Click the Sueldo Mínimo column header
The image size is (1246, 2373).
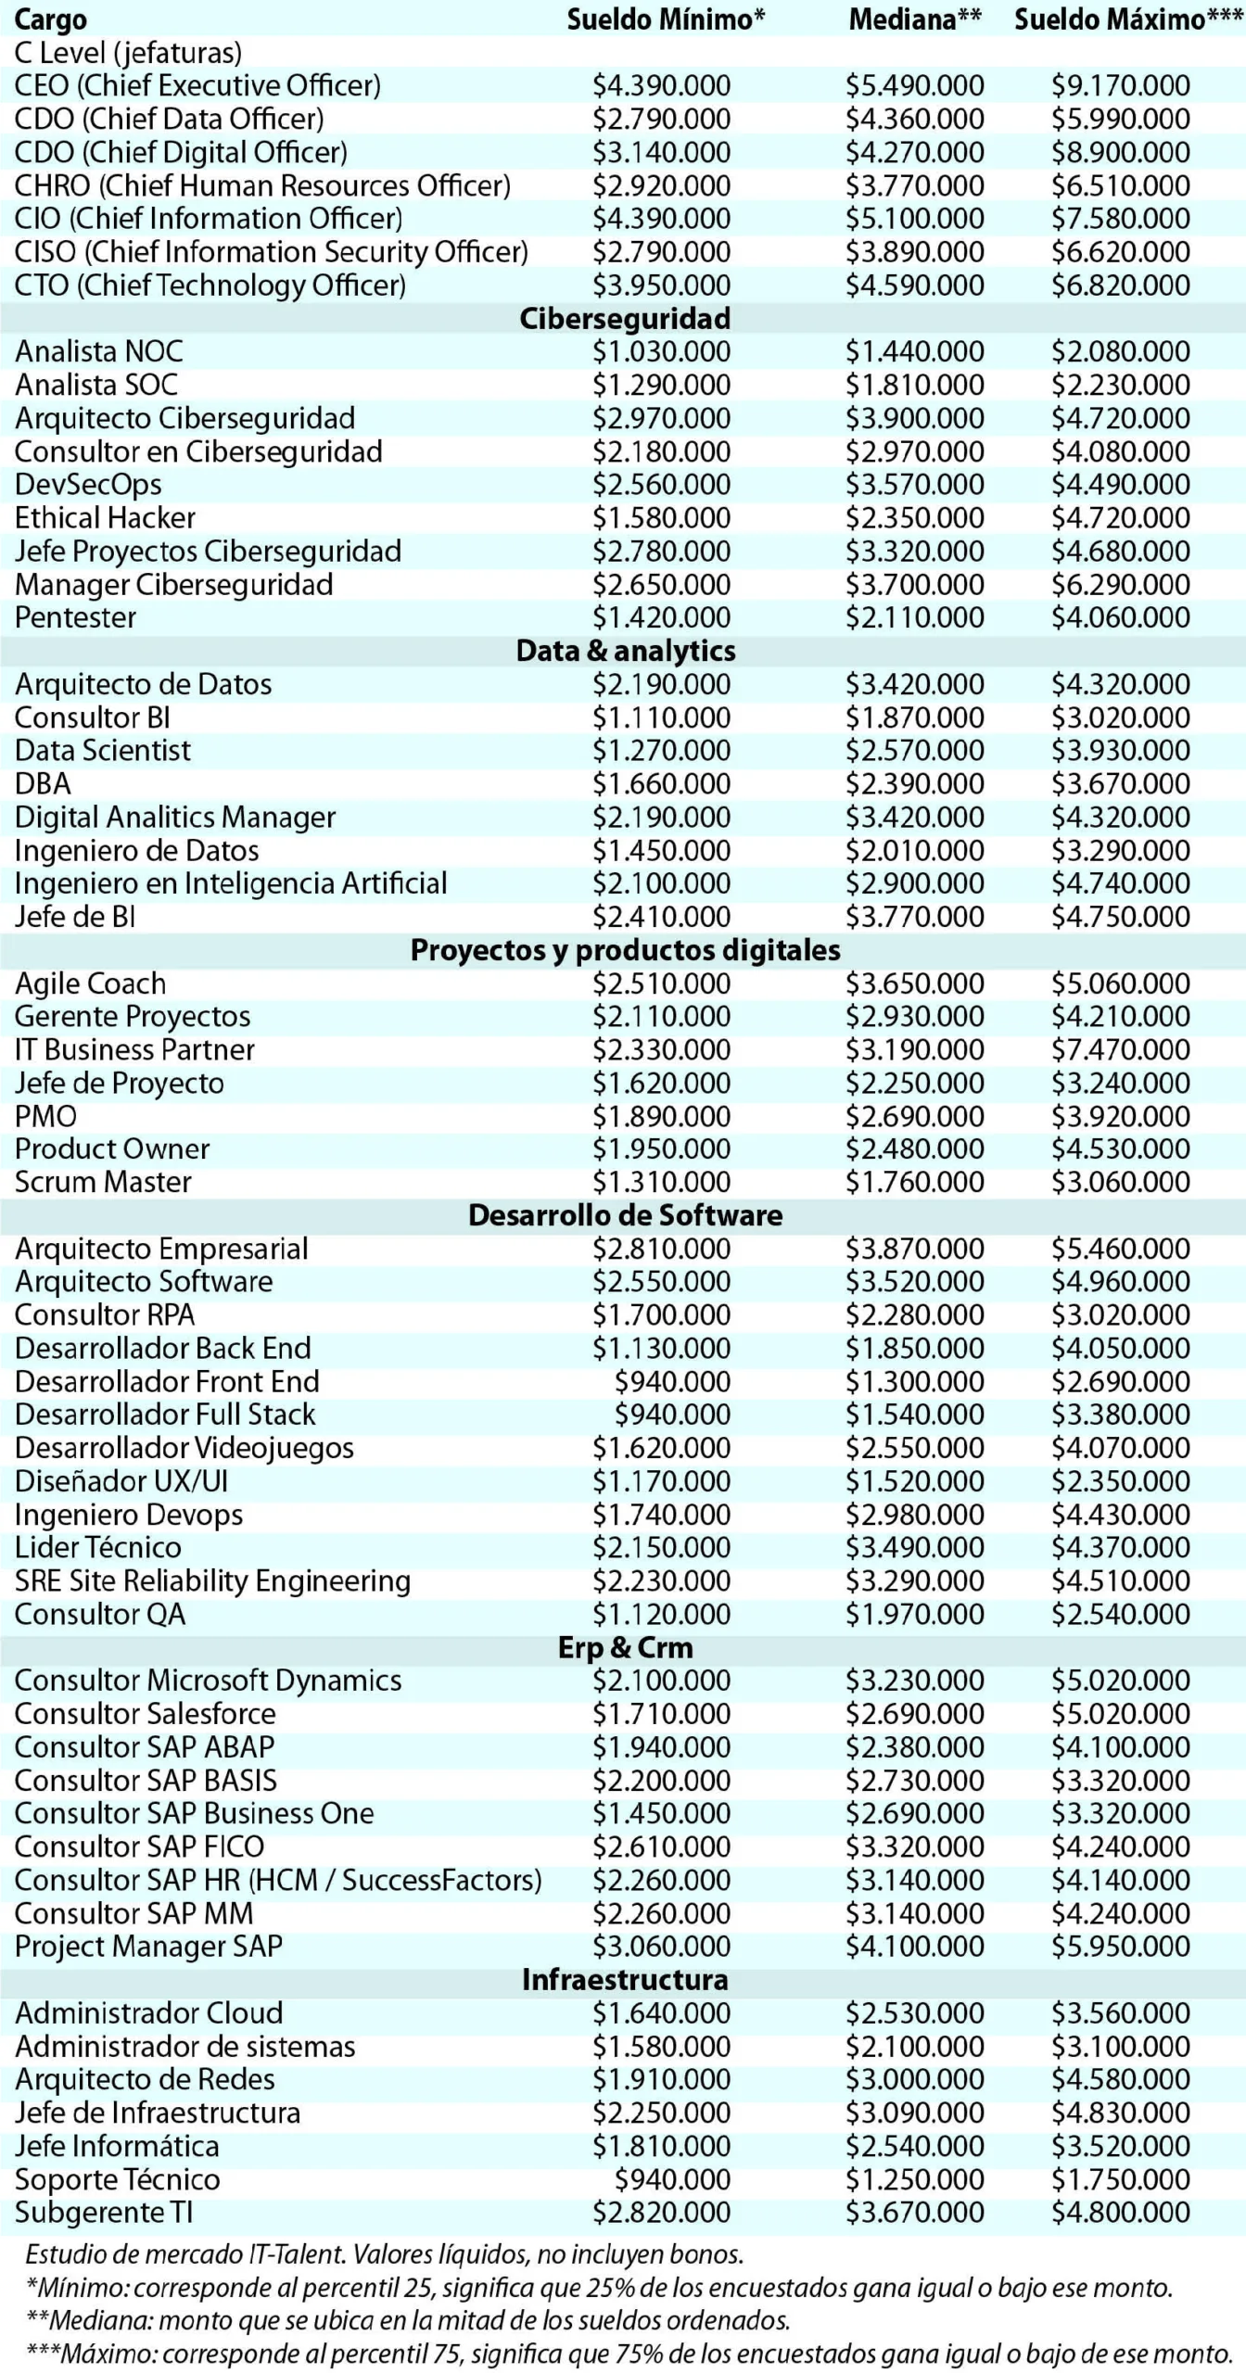tap(666, 19)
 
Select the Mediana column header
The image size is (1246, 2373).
tap(915, 19)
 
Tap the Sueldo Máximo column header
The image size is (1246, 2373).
tap(1128, 19)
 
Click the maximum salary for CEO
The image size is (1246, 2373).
tap(1120, 86)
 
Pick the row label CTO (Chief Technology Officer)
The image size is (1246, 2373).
tap(210, 286)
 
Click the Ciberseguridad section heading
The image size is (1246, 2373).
tap(625, 319)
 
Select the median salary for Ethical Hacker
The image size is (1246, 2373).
tap(914, 518)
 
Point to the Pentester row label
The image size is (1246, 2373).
tap(76, 617)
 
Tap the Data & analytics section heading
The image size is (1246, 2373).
tap(626, 651)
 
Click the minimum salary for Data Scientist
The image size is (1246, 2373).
tap(661, 751)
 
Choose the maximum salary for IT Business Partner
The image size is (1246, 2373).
tap(1120, 1050)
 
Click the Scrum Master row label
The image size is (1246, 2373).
tap(103, 1183)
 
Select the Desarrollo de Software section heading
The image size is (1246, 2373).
tap(625, 1216)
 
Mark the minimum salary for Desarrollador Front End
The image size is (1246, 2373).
tap(672, 1382)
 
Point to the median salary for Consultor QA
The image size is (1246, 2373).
tap(914, 1615)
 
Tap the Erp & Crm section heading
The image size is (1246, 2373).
tap(625, 1648)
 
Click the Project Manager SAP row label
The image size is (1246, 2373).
tap(148, 1947)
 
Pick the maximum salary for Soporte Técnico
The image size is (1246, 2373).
tap(1120, 2179)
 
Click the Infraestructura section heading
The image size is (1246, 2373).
tap(625, 1980)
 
